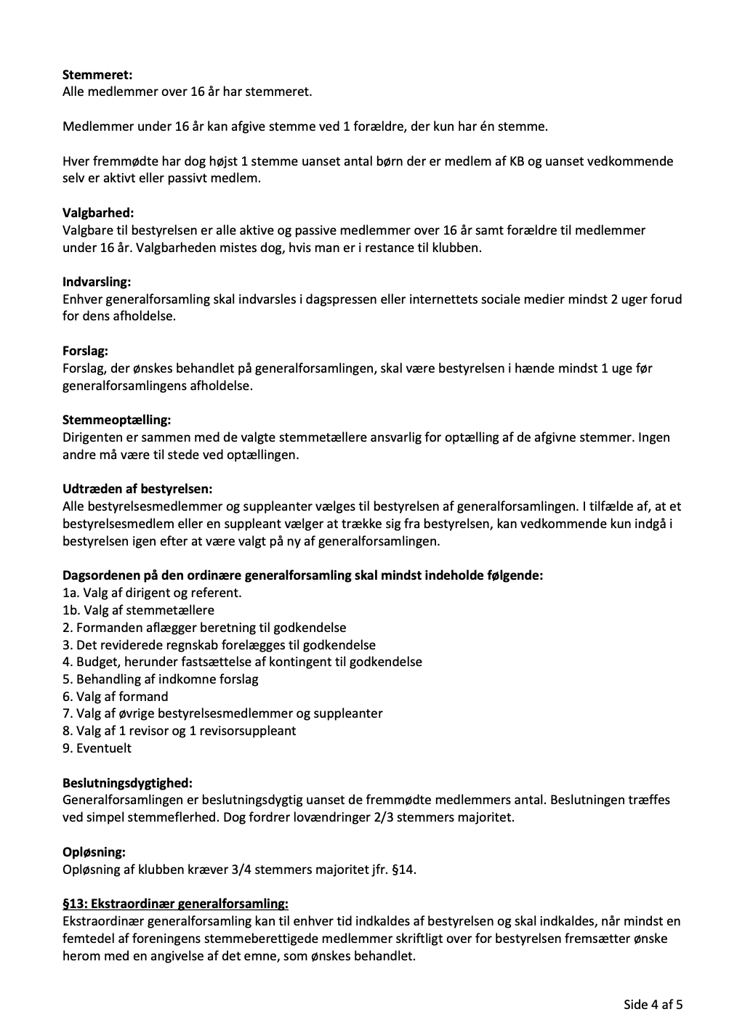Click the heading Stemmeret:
click(x=97, y=74)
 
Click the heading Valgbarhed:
click(x=98, y=213)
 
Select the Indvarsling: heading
click(x=97, y=282)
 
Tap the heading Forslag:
click(x=85, y=351)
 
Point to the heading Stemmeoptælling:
click(x=117, y=420)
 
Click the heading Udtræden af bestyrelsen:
click(x=137, y=489)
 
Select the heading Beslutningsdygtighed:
click(x=127, y=783)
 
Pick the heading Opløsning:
click(x=94, y=852)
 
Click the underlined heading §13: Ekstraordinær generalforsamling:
click(x=175, y=904)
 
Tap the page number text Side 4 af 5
click(x=653, y=1005)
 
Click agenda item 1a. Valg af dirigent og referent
click(x=152, y=593)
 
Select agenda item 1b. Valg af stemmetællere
click(x=138, y=610)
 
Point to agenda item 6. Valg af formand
click(x=115, y=697)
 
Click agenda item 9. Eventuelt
click(x=97, y=748)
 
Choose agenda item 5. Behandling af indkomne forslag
click(x=160, y=679)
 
